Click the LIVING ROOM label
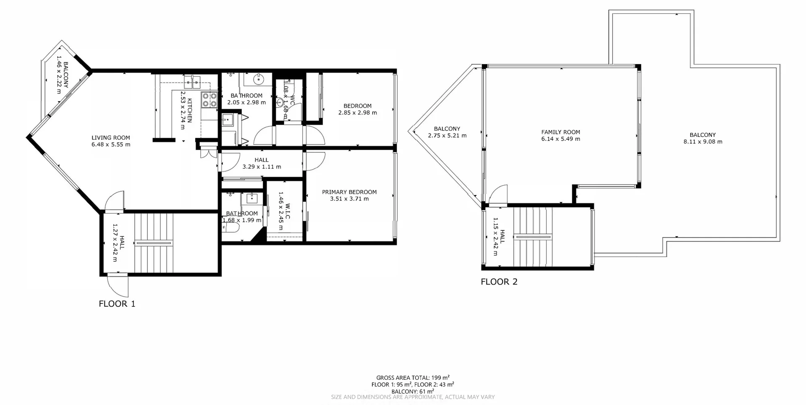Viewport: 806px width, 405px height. [111, 138]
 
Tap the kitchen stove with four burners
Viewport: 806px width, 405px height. [209, 99]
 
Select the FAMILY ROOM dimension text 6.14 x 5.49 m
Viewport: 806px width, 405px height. [560, 139]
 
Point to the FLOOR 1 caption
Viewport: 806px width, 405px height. [117, 304]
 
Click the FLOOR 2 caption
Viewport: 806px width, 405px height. [499, 282]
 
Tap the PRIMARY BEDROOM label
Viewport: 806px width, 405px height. [349, 192]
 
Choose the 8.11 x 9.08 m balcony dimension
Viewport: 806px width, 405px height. [703, 142]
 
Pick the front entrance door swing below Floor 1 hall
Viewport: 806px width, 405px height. [119, 285]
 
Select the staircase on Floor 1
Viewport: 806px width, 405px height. [154, 243]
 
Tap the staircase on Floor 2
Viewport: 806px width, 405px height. [533, 237]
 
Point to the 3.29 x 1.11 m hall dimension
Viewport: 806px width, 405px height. [262, 167]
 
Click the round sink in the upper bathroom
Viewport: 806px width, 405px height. [259, 78]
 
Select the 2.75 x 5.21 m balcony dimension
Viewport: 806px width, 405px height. [447, 136]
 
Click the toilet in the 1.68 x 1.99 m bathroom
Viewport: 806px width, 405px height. [232, 227]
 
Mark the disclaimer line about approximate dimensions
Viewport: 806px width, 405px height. [413, 397]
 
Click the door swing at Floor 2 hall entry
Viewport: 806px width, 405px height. [498, 195]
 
